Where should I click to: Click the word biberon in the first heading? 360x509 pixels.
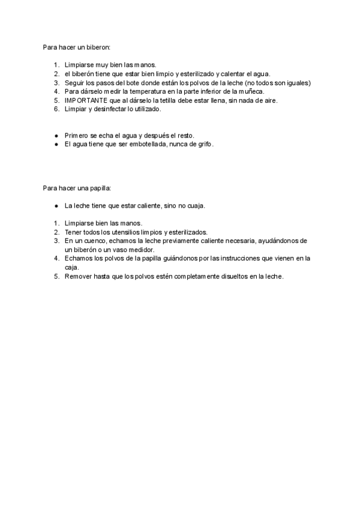(97, 46)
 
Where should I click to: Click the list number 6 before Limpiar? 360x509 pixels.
(56, 109)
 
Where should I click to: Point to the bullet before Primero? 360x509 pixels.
(56, 136)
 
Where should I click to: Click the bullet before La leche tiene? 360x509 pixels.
(56, 205)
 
